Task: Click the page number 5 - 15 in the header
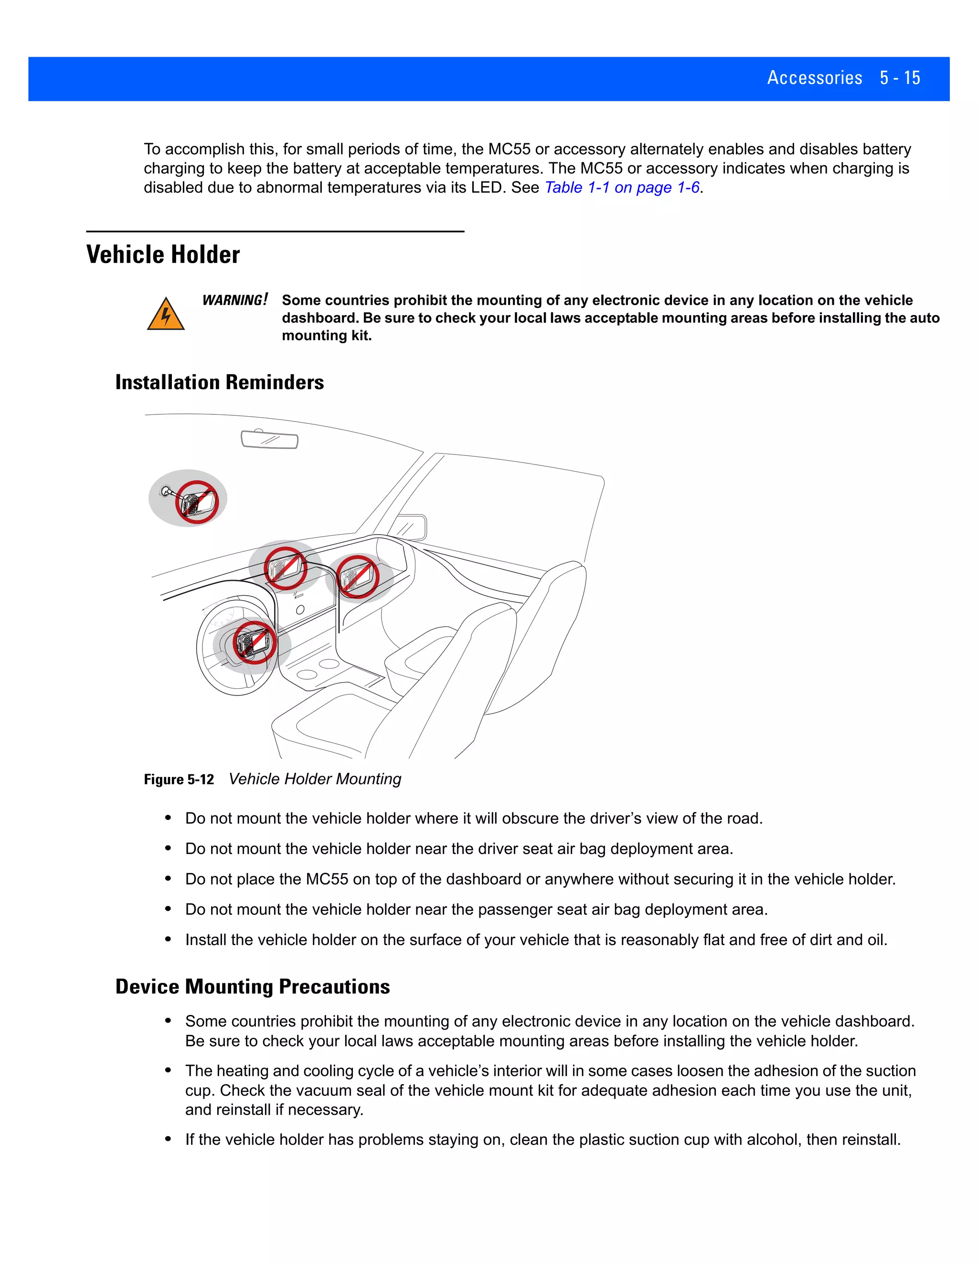click(x=899, y=78)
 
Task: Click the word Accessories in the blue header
click(x=814, y=78)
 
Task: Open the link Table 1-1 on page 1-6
click(x=622, y=188)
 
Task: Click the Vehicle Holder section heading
click(x=163, y=255)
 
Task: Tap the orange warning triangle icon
click(x=166, y=315)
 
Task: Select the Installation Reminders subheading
click(x=219, y=382)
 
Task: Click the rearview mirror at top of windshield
click(x=269, y=440)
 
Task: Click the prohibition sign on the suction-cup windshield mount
click(x=197, y=502)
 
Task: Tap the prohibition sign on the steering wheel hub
click(x=254, y=642)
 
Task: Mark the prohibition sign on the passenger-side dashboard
click(x=358, y=576)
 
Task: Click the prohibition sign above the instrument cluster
click(x=285, y=568)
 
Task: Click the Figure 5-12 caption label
click(x=179, y=780)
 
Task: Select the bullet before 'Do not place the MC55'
click(x=168, y=879)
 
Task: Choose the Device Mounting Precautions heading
click(x=252, y=986)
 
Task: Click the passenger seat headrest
click(x=565, y=585)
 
